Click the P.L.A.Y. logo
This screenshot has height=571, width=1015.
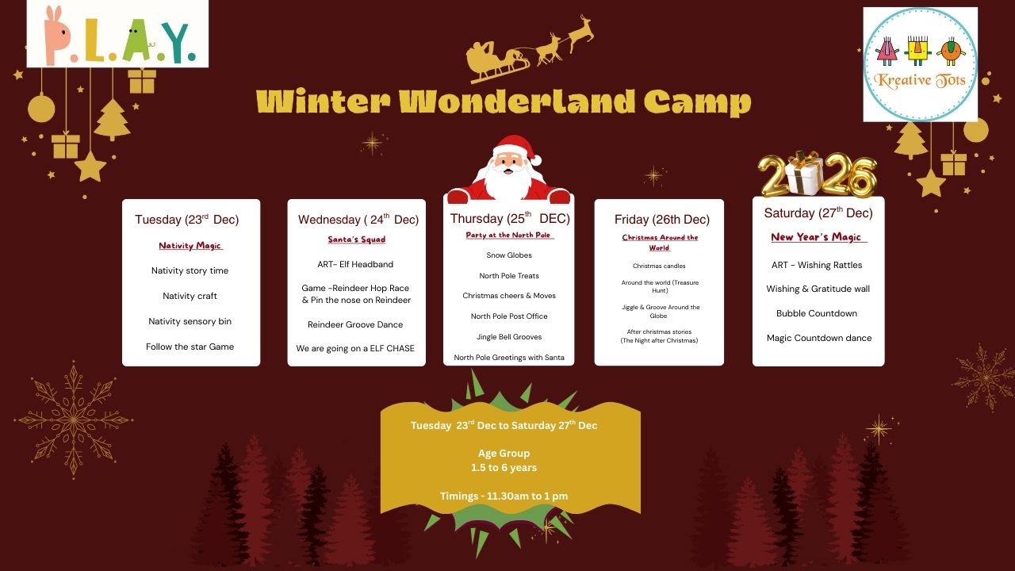(118, 34)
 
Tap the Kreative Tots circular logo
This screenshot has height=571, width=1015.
(921, 64)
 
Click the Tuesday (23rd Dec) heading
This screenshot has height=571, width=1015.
(186, 220)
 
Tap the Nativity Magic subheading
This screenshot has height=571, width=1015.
(190, 246)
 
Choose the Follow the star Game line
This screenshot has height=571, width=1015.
(190, 347)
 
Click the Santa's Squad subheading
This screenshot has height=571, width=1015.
(357, 240)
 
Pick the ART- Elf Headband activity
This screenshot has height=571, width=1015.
(355, 264)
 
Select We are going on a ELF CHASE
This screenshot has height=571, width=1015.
(355, 348)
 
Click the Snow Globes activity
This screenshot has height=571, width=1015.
(509, 255)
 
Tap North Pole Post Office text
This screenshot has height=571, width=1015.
(509, 316)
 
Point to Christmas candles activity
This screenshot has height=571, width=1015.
(659, 266)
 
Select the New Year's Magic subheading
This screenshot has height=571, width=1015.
(816, 237)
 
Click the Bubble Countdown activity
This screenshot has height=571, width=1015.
(817, 313)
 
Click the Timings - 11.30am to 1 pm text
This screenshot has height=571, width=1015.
(504, 496)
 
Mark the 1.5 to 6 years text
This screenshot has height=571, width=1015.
(504, 468)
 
